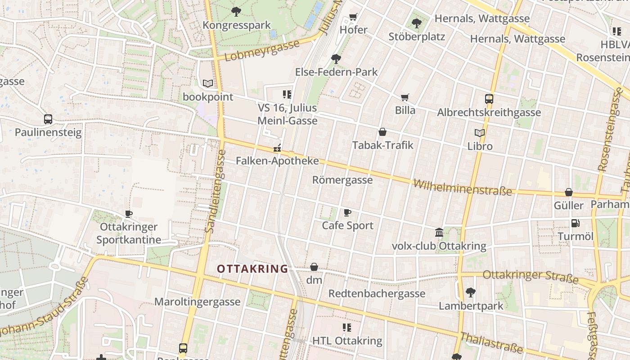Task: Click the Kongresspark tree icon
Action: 236,12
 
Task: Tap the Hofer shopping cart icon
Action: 353,17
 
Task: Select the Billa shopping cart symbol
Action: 405,97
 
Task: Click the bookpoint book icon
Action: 207,83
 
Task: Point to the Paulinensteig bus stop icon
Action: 48,119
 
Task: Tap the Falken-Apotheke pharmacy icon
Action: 277,148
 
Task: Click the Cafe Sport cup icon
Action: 347,212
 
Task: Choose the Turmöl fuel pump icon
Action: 575,223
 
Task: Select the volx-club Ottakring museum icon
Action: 439,233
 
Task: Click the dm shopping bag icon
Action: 314,267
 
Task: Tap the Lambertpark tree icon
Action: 470,292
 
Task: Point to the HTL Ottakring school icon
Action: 346,327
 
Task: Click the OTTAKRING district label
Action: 252,269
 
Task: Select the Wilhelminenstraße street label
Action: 463,187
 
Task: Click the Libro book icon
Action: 480,133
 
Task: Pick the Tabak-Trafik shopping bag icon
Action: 382,132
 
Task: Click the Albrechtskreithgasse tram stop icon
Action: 489,99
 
